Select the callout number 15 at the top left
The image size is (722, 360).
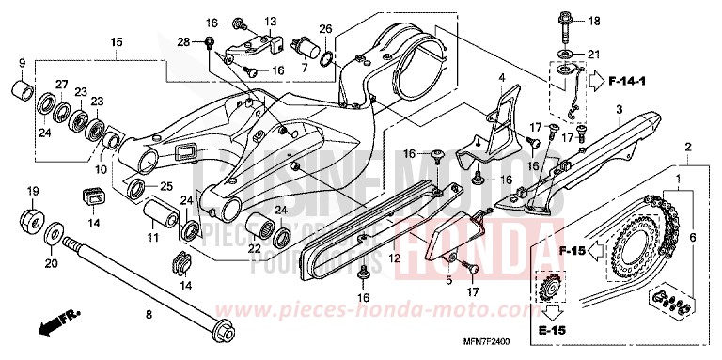(x=117, y=43)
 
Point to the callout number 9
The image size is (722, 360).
(x=22, y=63)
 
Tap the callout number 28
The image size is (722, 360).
(x=183, y=40)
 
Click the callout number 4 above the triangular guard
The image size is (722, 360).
(x=502, y=77)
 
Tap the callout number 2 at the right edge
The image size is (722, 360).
(x=688, y=149)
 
